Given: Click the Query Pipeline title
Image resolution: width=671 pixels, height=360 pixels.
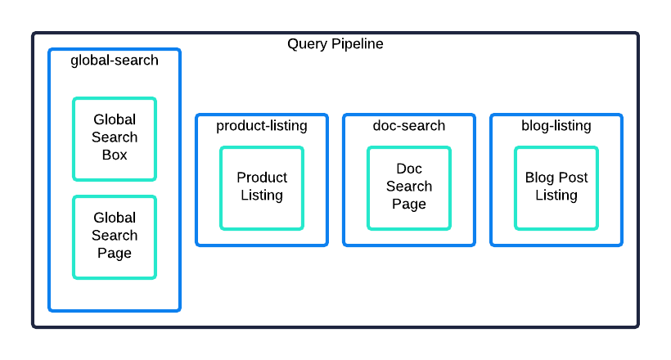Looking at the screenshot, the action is click(335, 43).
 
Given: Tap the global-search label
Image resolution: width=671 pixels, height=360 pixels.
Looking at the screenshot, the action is click(115, 60).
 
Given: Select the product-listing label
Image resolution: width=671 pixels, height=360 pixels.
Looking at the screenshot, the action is click(262, 126).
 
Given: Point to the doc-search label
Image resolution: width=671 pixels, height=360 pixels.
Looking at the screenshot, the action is click(408, 125).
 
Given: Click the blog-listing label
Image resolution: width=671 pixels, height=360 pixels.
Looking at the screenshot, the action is click(556, 126).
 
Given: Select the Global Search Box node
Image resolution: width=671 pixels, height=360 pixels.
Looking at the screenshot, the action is click(115, 139).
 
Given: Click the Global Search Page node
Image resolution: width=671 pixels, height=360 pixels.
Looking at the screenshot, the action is click(115, 237).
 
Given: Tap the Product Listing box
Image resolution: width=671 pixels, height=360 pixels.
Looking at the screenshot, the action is click(262, 188).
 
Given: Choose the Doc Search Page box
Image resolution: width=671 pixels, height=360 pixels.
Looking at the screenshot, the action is click(408, 188).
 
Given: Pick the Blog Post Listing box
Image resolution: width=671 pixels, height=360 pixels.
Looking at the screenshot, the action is click(556, 188).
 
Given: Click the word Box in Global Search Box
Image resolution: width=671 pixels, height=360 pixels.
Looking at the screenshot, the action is click(115, 155).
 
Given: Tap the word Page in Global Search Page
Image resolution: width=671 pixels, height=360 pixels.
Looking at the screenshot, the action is click(115, 253).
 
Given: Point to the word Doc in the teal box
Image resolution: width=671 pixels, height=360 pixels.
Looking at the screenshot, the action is click(409, 169).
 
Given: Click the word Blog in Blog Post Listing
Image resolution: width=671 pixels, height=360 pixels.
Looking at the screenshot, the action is click(538, 178).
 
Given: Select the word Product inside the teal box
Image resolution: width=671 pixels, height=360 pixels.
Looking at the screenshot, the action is click(262, 178).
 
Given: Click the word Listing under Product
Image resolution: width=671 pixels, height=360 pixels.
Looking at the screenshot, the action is click(262, 196).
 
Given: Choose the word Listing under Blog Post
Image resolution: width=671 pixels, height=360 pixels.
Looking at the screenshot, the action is click(556, 196).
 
